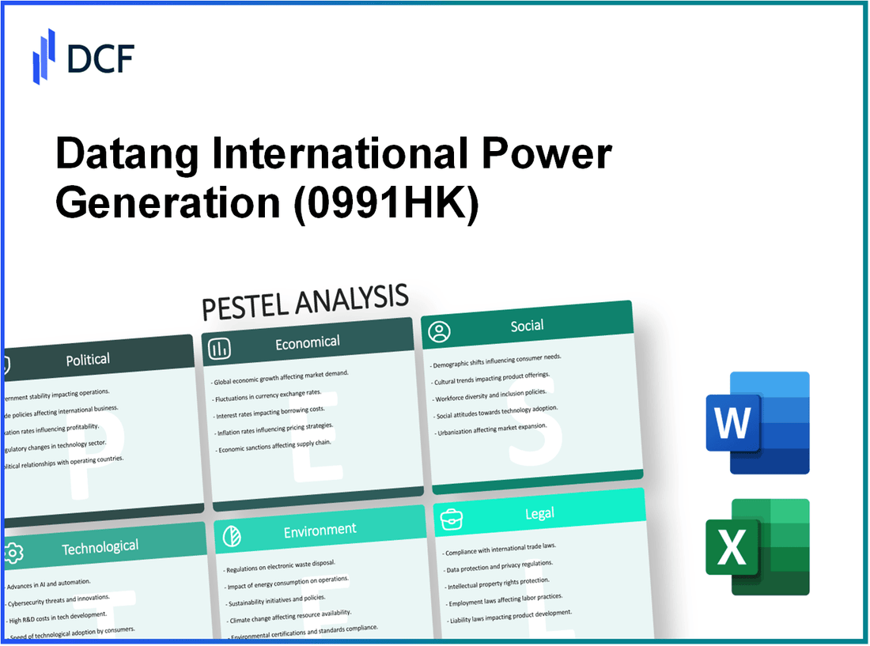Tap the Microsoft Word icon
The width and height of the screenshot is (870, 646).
pos(757,423)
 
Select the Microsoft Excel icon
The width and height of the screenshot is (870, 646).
pos(757,546)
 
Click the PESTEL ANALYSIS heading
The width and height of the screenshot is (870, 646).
pos(305,302)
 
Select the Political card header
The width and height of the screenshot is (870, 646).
pos(88,360)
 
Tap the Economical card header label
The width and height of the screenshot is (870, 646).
pos(307,342)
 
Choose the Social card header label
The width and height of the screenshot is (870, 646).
pos(527,326)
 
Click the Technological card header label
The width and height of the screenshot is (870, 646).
pos(100,546)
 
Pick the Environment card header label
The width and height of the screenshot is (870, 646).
pos(320,530)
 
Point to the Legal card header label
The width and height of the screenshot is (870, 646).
pos(539,514)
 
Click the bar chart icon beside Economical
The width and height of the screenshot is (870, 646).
pos(220,347)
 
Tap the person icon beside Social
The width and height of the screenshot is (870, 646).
pos(439,331)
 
